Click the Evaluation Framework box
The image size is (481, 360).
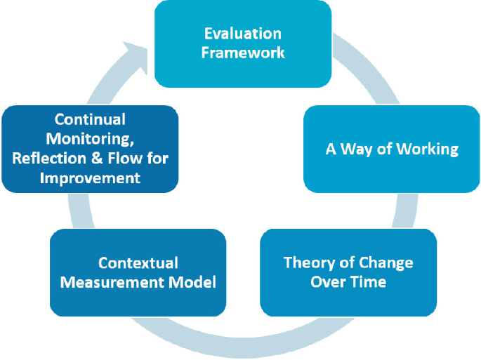tap(243, 44)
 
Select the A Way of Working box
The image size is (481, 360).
tap(392, 149)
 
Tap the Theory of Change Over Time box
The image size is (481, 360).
tap(348, 272)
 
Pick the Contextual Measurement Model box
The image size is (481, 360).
tap(138, 272)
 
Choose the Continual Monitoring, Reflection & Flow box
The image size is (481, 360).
tap(90, 149)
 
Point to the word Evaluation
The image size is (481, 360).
tap(243, 34)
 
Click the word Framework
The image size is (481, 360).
tap(243, 53)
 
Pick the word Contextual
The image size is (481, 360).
tap(138, 263)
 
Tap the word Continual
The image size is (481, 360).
tap(90, 119)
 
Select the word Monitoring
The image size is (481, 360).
tap(90, 139)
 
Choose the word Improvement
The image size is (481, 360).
tap(90, 178)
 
